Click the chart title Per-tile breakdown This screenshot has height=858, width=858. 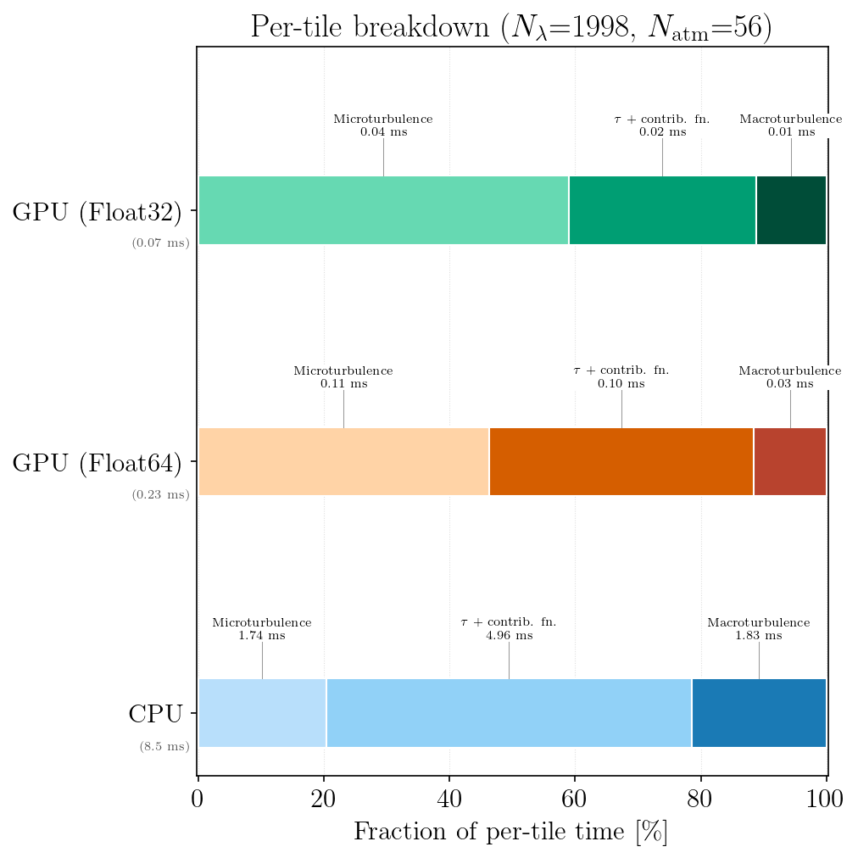[510, 26]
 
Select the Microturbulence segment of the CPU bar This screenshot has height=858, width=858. [262, 713]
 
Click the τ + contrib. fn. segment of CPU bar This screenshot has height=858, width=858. [509, 713]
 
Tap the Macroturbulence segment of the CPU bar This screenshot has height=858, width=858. [759, 713]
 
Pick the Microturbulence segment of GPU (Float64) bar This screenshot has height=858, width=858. [343, 462]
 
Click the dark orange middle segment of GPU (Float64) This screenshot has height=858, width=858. [621, 462]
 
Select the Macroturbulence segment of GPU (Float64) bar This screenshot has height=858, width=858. [790, 462]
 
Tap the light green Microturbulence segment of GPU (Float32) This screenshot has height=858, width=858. [383, 210]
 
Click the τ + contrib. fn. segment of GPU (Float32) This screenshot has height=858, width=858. [662, 210]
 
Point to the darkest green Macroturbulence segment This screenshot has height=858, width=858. [791, 210]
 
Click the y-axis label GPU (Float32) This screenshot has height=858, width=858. [97, 213]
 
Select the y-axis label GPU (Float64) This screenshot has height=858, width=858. [97, 464]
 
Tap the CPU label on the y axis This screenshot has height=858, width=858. [155, 715]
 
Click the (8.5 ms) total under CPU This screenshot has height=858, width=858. [164, 747]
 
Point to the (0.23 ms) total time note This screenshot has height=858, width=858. [160, 495]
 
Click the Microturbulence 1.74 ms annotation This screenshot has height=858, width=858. [262, 629]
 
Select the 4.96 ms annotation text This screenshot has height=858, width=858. [509, 635]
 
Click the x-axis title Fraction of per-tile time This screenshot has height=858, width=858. [510, 832]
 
